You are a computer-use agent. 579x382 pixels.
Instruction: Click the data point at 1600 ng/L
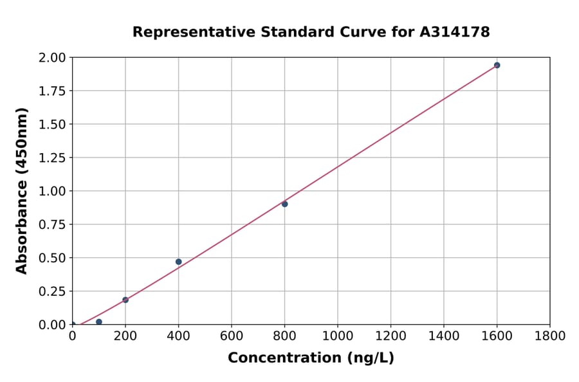pyautogui.click(x=497, y=65)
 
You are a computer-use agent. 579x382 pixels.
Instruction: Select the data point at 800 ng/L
pyautogui.click(x=284, y=204)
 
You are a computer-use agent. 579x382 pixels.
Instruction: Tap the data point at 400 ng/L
pyautogui.click(x=178, y=262)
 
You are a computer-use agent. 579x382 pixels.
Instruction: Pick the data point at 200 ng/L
pyautogui.click(x=125, y=300)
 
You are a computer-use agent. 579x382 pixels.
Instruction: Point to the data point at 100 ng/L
pyautogui.click(x=98, y=322)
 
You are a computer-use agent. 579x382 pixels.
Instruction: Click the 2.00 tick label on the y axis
pyautogui.click(x=52, y=58)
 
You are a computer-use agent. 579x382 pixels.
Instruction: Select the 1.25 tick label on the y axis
pyautogui.click(x=52, y=158)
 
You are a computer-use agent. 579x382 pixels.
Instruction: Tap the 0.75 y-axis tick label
pyautogui.click(x=52, y=224)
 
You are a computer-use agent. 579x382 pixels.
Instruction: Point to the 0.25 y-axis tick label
pyautogui.click(x=52, y=291)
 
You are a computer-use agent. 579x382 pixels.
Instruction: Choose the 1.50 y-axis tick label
pyautogui.click(x=52, y=124)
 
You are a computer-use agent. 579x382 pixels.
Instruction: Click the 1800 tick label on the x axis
pyautogui.click(x=549, y=336)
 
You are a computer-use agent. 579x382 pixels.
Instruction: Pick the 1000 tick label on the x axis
pyautogui.click(x=337, y=336)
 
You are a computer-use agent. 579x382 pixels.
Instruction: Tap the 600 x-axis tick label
pyautogui.click(x=232, y=336)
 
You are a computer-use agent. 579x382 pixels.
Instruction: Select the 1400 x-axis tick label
pyautogui.click(x=443, y=336)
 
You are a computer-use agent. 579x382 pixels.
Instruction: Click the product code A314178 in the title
pyautogui.click(x=454, y=32)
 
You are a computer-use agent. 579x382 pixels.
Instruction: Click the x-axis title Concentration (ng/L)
pyautogui.click(x=311, y=358)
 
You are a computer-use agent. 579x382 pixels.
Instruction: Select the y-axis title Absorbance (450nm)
pyautogui.click(x=22, y=191)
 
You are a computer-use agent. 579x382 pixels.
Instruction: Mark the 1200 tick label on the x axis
pyautogui.click(x=391, y=336)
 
